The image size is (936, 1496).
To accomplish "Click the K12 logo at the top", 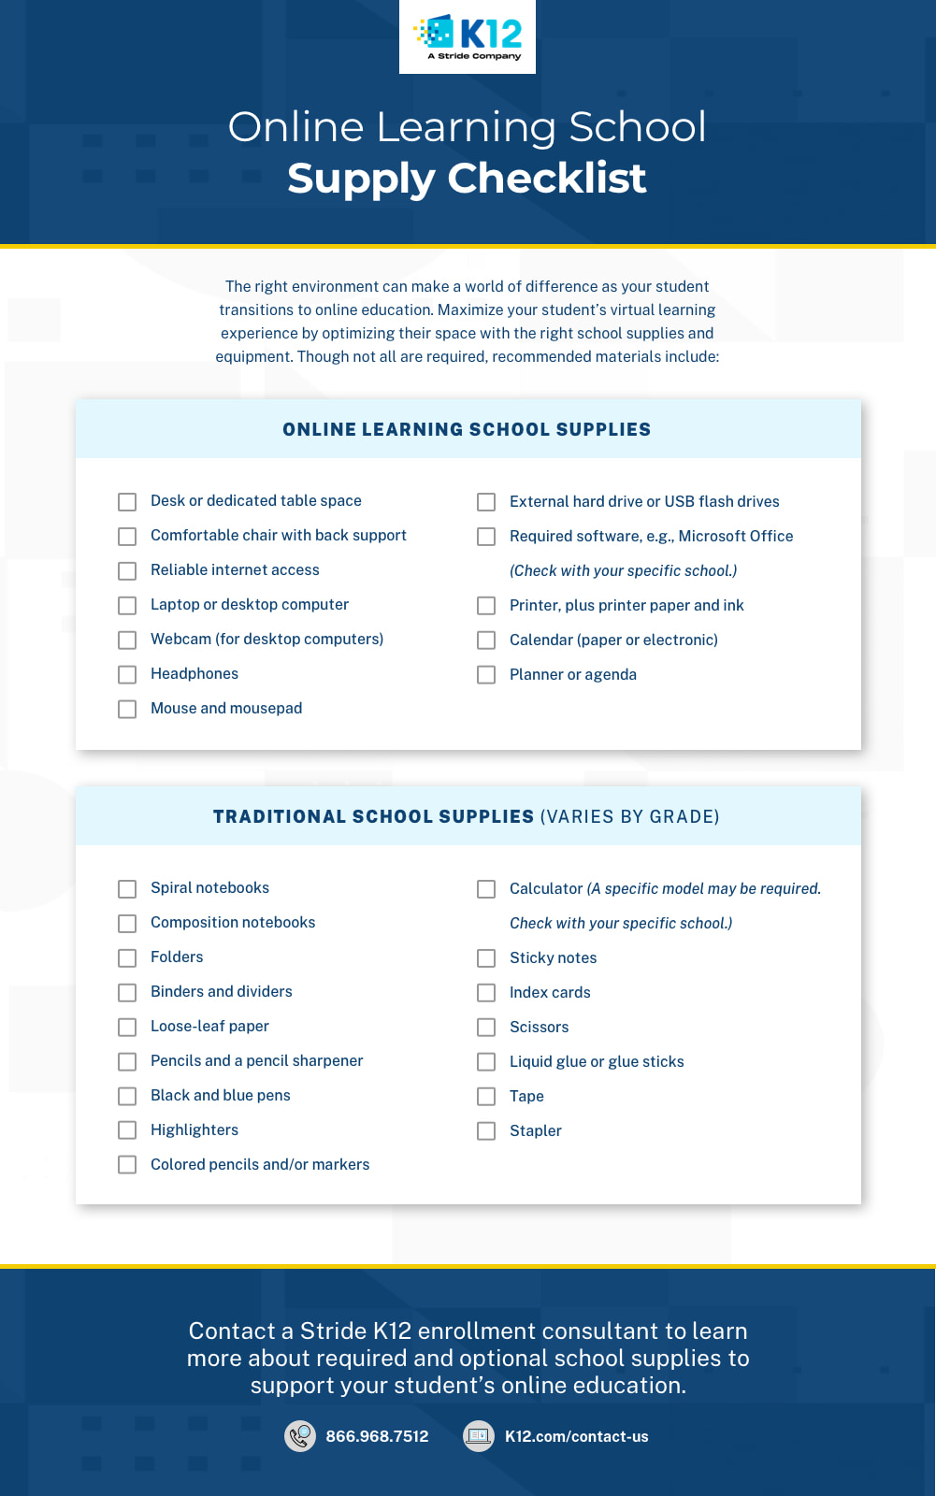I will pos(468,36).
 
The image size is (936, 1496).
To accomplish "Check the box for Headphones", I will pos(127,674).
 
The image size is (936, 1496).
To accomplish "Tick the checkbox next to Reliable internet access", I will pos(127,570).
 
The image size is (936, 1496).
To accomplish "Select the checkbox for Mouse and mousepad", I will pos(127,709).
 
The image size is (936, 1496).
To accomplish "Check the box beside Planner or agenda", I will pos(486,675).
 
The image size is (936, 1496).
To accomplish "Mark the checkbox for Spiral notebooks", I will pos(127,888).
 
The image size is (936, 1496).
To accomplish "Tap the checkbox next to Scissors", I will pos(486,1028).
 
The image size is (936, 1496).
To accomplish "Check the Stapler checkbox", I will pos(486,1131).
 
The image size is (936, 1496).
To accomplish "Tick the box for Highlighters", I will pos(127,1130).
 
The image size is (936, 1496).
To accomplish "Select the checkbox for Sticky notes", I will pos(486,958).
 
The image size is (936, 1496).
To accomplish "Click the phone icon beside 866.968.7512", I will pos(300,1436).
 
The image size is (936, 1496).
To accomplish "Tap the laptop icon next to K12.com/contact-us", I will pos(479,1436).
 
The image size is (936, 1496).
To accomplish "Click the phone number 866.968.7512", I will pos(377,1436).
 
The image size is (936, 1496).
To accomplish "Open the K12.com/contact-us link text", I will pos(576,1436).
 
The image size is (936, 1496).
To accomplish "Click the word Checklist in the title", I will pos(547,178).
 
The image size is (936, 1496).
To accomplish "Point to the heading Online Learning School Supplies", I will pos(467,429).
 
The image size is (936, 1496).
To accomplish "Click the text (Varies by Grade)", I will pos(629,816).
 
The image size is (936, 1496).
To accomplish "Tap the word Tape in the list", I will pos(526,1096).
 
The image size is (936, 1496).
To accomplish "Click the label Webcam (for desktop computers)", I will pos(266,639).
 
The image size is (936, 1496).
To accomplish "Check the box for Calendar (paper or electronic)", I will pos(486,640).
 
